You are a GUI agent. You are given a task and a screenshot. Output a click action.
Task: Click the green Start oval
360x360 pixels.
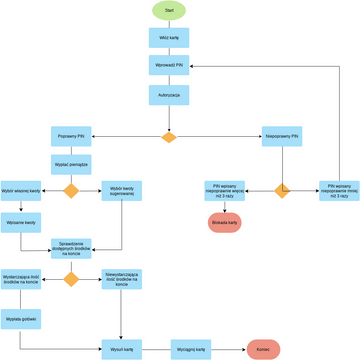[x=168, y=10]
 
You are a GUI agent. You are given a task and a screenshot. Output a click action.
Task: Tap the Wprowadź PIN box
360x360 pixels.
[x=168, y=65]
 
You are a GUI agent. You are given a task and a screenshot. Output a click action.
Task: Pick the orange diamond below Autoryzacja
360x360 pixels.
[x=168, y=135]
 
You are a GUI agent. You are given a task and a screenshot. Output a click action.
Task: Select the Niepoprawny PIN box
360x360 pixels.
[x=283, y=135]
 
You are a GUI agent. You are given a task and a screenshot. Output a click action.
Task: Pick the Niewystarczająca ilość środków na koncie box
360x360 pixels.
[x=121, y=278]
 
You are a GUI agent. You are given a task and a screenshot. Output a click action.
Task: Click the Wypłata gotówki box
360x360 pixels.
[x=20, y=319]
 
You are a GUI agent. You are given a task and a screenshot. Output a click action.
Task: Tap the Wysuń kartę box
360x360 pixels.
[x=121, y=350]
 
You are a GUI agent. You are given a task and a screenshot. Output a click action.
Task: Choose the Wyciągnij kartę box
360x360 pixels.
[x=192, y=350]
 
